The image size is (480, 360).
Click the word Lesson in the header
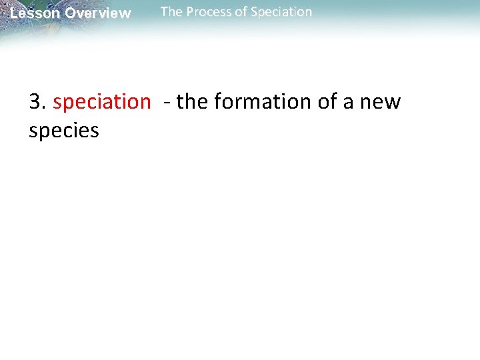pos(35,13)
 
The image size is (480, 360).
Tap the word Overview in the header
pos(98,13)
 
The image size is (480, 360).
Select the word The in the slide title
pos(171,12)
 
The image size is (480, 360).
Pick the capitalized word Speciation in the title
pos(279,12)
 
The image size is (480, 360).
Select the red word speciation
pos(101,102)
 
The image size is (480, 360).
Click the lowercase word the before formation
pos(193,102)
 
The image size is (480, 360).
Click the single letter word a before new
pos(349,103)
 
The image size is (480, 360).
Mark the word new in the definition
pos(381,103)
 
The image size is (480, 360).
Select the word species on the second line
pos(64,131)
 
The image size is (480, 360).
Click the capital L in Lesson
pos(14,13)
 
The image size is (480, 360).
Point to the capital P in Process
pos(190,12)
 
